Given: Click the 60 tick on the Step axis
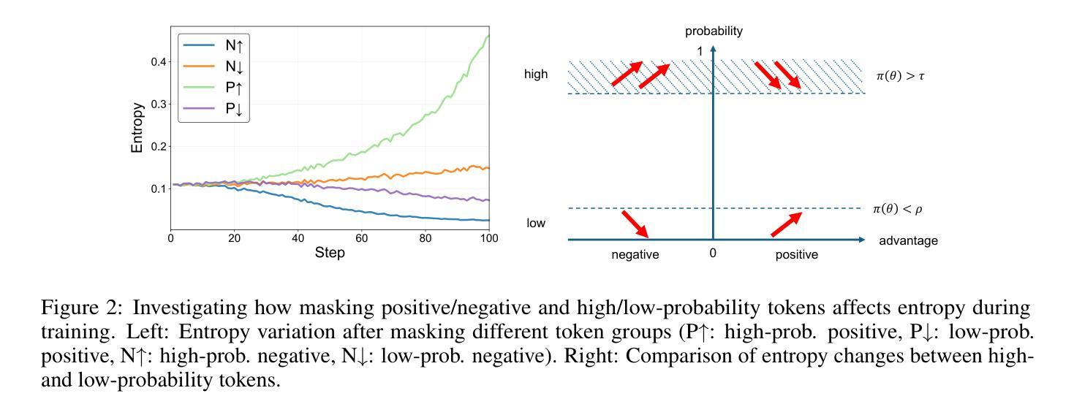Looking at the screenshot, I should tap(362, 238).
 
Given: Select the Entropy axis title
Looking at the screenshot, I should tap(137, 127).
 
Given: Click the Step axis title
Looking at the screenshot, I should tap(330, 253).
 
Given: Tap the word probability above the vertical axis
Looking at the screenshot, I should tap(714, 31).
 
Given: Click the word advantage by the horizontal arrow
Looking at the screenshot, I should tap(908, 240).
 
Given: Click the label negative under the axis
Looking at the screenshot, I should tap(635, 255).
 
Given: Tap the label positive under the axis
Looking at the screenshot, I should tap(796, 255).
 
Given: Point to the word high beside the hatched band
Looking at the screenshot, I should tap(536, 75).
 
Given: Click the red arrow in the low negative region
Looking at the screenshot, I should tap(635, 224).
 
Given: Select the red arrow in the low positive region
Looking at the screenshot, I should tap(787, 224).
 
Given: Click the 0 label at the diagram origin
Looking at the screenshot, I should tap(713, 255).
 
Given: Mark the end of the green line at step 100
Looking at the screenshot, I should tap(488, 36).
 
